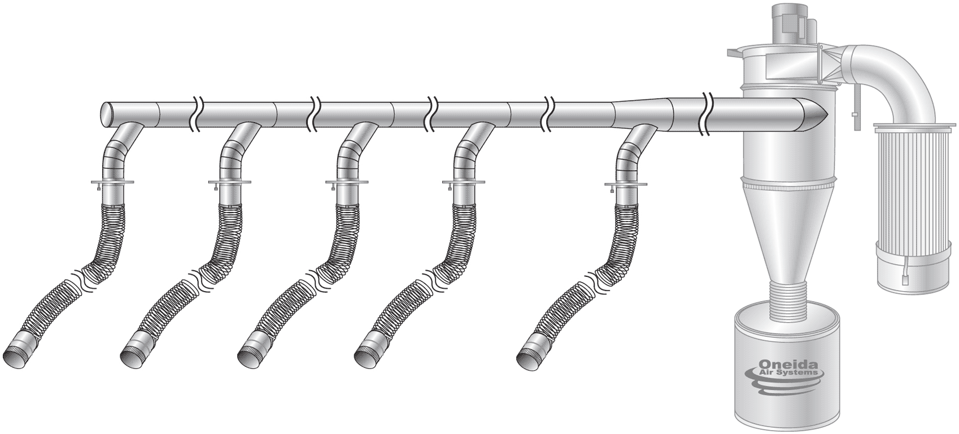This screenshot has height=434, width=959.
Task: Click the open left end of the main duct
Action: click(105, 114)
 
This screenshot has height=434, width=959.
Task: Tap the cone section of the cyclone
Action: click(788, 236)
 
